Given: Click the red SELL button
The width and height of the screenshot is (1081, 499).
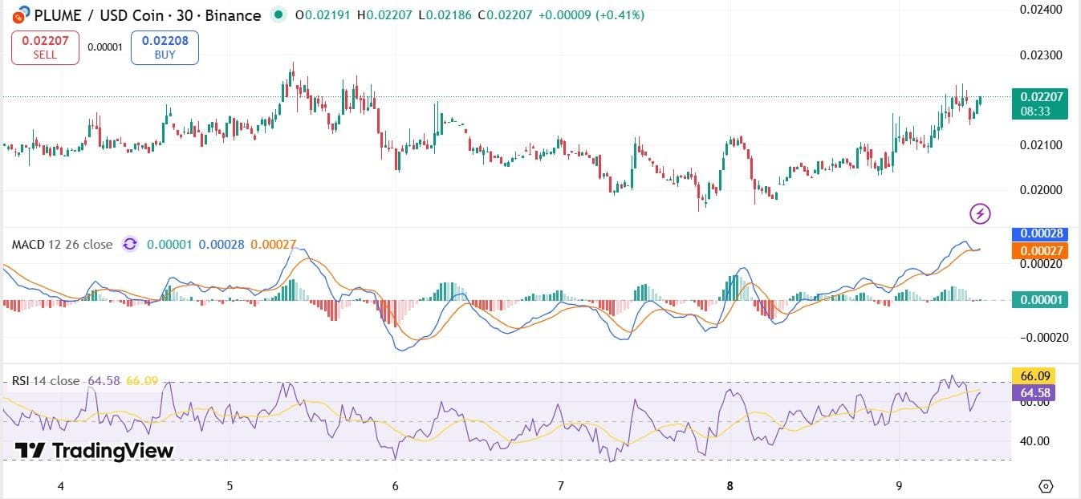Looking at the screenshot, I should (x=45, y=47).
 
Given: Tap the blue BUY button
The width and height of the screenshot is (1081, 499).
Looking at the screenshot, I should (x=164, y=47).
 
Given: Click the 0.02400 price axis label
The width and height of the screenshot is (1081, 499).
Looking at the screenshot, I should (x=1041, y=10).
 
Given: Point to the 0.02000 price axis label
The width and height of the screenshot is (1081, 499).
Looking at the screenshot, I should (x=1041, y=190).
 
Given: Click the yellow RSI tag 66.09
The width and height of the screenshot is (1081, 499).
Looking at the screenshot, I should (x=1032, y=375).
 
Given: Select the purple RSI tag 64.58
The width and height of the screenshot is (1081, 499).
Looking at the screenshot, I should (x=1032, y=393).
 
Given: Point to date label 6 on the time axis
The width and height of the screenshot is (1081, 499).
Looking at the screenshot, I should (x=395, y=485).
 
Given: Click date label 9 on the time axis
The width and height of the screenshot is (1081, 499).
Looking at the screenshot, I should (x=899, y=485).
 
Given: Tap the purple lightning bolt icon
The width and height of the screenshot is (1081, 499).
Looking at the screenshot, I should (x=980, y=213).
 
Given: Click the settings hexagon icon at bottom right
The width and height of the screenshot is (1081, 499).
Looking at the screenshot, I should (x=1046, y=485).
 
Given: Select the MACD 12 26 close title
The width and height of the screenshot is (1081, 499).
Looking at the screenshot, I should (x=61, y=244).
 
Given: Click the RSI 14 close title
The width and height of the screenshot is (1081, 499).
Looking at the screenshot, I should (x=46, y=380).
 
